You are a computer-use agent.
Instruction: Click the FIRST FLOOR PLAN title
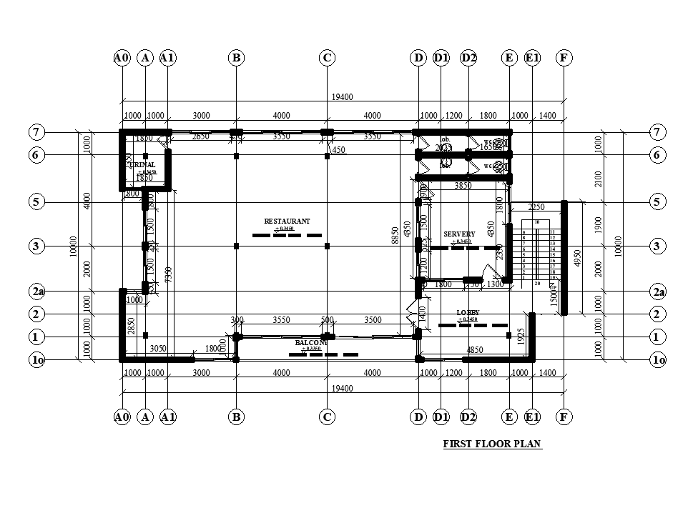point(492,444)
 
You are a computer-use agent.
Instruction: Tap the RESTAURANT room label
point(287,221)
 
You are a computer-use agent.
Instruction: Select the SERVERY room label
point(459,234)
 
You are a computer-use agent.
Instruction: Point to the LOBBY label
point(467,313)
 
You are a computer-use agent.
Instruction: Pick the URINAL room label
point(142,165)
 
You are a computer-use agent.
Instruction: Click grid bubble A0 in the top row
point(122,58)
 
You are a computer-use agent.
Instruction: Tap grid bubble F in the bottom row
point(564,417)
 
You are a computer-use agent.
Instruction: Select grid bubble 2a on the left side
point(38,292)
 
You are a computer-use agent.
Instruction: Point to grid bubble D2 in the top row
point(468,58)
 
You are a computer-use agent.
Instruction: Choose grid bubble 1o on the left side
point(38,361)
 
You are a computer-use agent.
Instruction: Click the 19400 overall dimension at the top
point(343,97)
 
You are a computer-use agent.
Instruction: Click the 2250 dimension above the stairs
point(536,207)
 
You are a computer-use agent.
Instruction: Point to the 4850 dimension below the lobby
point(475,350)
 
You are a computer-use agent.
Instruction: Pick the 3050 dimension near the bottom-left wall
point(158,349)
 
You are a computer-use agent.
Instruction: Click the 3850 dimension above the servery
point(463,186)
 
